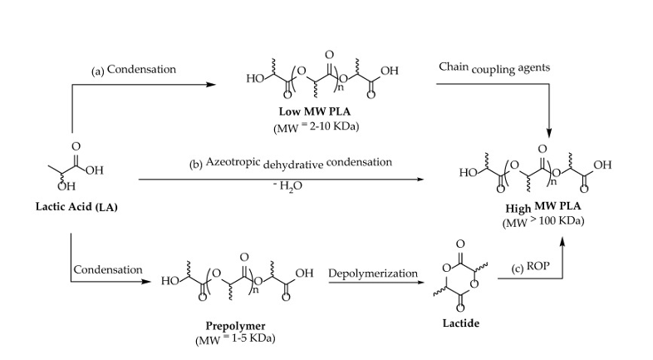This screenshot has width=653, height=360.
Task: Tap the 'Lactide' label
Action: pos(459,322)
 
